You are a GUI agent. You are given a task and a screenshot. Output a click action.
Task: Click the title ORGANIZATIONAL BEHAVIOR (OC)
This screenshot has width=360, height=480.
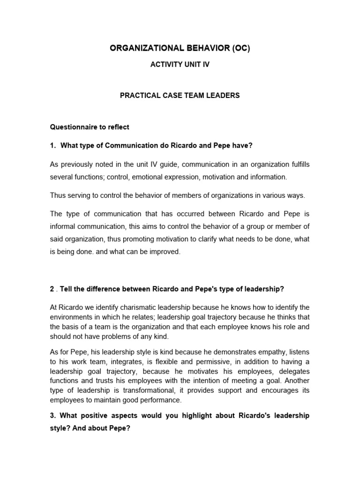coord(180,49)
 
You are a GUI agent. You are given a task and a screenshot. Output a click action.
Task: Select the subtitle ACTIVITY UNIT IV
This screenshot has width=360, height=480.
coord(180,65)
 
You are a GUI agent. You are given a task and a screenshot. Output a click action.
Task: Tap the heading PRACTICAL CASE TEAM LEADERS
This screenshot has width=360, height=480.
coord(180,95)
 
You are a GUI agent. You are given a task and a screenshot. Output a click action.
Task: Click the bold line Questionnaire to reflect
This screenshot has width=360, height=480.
coord(90,127)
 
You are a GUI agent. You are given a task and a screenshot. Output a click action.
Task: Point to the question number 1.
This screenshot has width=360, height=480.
coord(52,146)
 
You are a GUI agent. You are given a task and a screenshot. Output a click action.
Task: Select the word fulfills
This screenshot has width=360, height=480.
coord(297,164)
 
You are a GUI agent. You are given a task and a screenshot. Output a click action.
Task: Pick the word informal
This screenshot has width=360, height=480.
coord(63,227)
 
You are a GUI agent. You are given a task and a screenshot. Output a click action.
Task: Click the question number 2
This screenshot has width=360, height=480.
coord(52,289)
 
